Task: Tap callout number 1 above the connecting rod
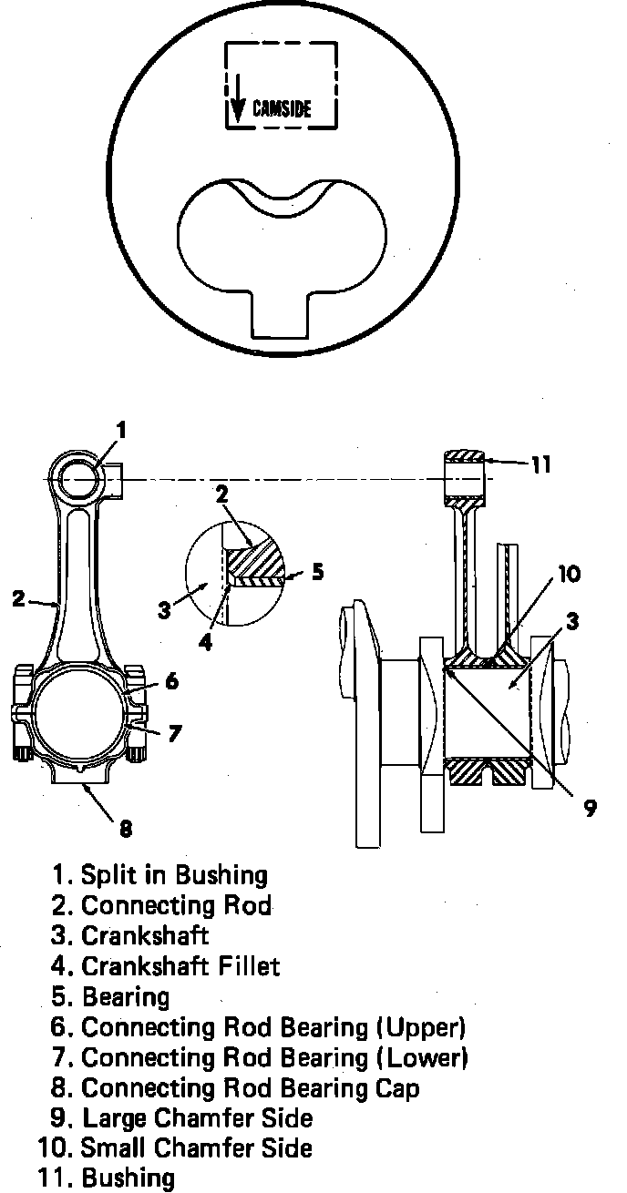click(121, 429)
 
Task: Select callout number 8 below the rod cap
click(125, 828)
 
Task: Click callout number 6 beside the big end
click(171, 680)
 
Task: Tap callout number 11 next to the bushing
click(541, 464)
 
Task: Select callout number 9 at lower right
click(590, 807)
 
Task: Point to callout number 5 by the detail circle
click(316, 572)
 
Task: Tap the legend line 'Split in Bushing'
click(174, 875)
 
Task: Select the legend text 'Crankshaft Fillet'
click(180, 965)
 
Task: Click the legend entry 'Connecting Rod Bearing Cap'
click(251, 1087)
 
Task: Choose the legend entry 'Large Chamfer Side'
click(198, 1117)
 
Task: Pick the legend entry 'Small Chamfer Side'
click(196, 1147)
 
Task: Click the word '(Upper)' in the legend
click(420, 1027)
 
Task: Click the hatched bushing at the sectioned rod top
click(465, 455)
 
